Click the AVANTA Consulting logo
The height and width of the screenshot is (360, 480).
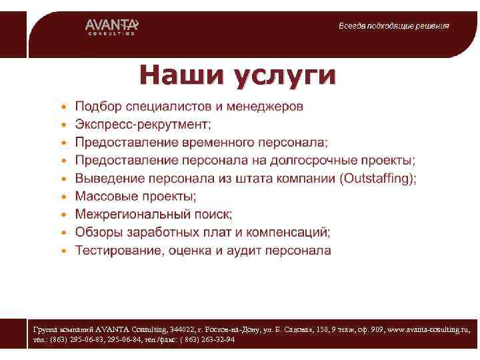pos(111,26)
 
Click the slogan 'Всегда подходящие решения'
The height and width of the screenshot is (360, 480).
pos(393,26)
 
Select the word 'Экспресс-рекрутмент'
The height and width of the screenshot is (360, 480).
pos(142,125)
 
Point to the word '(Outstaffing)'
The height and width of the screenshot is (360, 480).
pos(378,179)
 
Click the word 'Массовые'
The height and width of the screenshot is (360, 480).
pos(107,197)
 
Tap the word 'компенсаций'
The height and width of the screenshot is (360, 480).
pos(288,233)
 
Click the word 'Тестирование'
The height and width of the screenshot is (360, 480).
pos(117,251)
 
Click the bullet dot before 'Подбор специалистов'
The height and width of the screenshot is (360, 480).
pos(63,107)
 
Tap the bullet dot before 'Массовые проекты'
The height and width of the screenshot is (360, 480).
pos(63,197)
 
